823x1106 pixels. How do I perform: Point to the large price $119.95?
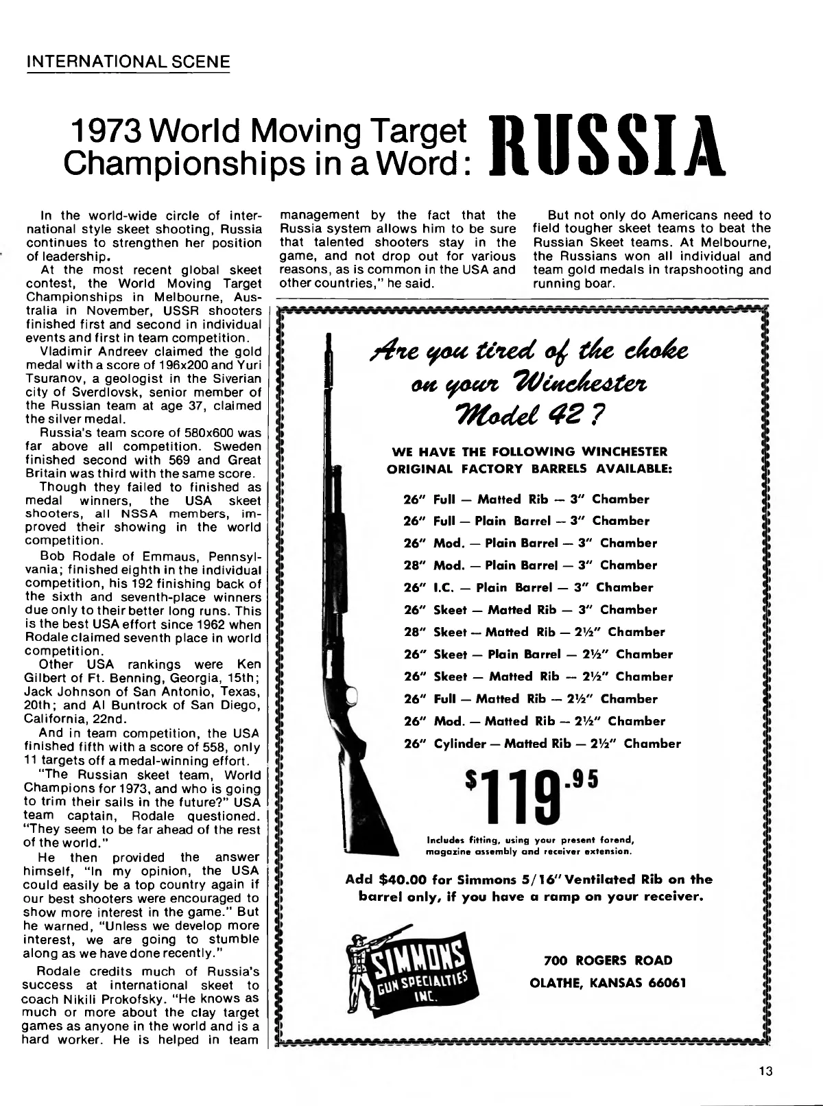pos(532,797)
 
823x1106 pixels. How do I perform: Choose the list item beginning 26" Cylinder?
pos(542,744)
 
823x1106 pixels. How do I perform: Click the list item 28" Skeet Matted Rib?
pos(535,632)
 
